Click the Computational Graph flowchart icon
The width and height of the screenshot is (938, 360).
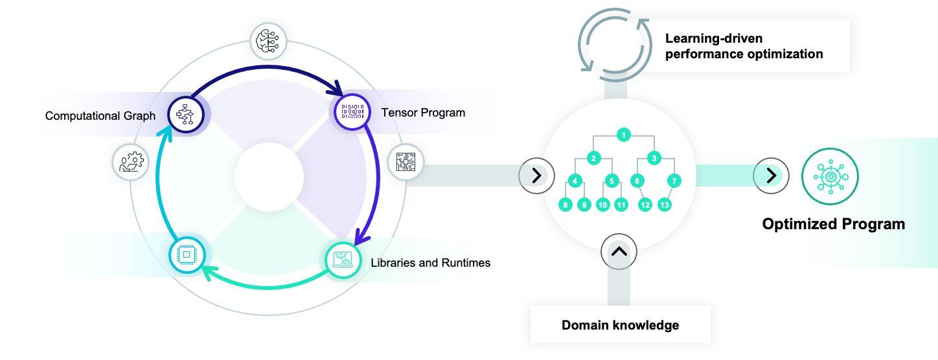[x=185, y=114]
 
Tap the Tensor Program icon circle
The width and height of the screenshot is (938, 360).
[x=352, y=112]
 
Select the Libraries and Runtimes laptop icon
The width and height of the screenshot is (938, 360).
[x=343, y=260]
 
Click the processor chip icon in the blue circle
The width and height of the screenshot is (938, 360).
[x=187, y=254]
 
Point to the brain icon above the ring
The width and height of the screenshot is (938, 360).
[x=268, y=41]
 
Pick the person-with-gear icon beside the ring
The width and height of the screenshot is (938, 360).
[x=131, y=162]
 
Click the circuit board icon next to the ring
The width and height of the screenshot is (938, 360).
[x=406, y=162]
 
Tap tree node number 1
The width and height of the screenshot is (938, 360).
[x=624, y=135]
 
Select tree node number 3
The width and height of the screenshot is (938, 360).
[x=654, y=158]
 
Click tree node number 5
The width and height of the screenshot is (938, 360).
[x=612, y=181]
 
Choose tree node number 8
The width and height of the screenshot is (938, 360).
[x=566, y=205]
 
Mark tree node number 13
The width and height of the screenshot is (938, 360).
[x=665, y=205]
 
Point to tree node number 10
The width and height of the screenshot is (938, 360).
[x=602, y=205]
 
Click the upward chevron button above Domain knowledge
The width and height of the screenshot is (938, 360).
[x=619, y=252]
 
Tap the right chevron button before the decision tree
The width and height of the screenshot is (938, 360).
[x=536, y=175]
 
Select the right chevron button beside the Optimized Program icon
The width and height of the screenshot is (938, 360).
[x=771, y=175]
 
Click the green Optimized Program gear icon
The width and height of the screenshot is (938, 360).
[x=830, y=176]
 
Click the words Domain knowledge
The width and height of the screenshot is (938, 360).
[x=620, y=325]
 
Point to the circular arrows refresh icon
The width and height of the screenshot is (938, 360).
[x=615, y=45]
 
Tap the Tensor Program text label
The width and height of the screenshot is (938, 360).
[x=423, y=113]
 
